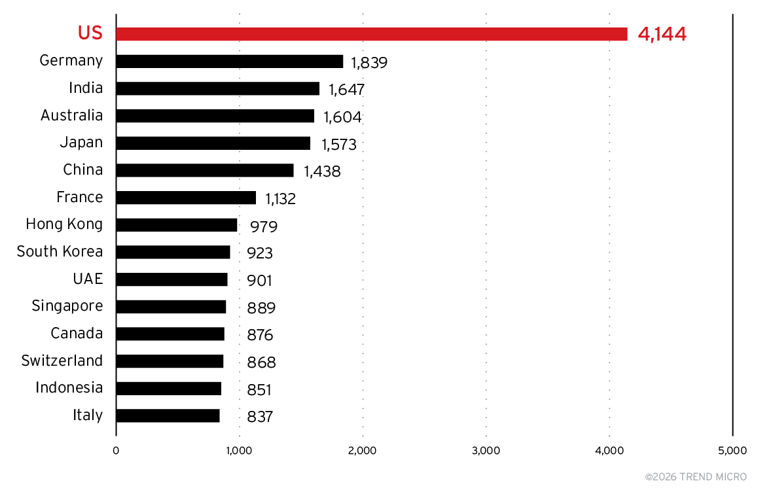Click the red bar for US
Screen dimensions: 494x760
coord(371,34)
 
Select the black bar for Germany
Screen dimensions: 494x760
coord(229,62)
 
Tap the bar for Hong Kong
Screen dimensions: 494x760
coord(176,225)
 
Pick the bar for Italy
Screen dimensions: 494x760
coord(168,416)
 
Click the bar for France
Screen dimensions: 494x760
coord(186,198)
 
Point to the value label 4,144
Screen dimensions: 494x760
coord(662,35)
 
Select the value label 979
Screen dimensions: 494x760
coord(264,226)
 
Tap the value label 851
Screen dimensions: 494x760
coord(259,390)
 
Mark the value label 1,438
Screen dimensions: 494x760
coord(322,171)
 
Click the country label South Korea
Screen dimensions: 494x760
coord(60,252)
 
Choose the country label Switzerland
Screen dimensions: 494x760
coord(62,361)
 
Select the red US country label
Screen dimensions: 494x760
coord(90,33)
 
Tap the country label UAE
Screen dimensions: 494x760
coord(88,279)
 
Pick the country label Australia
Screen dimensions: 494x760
coord(71,116)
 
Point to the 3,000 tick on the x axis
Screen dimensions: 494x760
coord(486,451)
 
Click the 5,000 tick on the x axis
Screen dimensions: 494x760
coord(732,451)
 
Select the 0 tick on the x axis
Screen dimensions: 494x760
coord(116,451)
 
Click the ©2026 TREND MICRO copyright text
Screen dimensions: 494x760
coord(695,477)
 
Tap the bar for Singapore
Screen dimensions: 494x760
coord(171,307)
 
